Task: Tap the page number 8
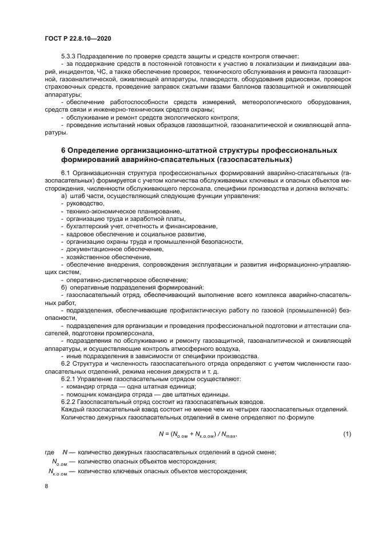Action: [47, 486]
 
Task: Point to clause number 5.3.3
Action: [70, 56]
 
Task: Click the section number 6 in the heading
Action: [63, 150]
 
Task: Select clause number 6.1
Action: [66, 173]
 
